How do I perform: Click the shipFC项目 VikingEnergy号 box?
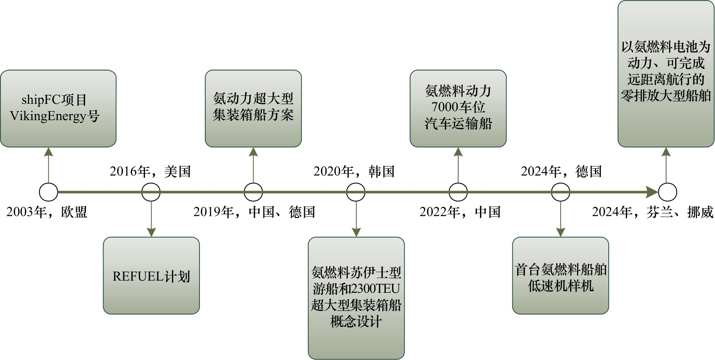58,108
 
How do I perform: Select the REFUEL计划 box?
151,276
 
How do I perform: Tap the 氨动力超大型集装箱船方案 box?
253,108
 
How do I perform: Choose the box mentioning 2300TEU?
356,298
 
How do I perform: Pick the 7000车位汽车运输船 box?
458,108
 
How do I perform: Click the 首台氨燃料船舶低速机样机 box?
560,276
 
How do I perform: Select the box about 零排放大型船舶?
666,74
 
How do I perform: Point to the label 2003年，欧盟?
47,212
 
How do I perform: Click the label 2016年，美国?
150,171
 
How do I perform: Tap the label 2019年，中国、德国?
254,212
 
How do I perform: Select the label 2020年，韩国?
354,171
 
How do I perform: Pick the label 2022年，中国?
460,212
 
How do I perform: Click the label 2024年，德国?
561,171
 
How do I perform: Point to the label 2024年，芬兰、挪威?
653,212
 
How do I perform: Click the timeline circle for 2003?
48,192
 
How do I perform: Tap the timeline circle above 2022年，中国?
458,192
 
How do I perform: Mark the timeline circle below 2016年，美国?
151,192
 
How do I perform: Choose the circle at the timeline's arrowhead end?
667,192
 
